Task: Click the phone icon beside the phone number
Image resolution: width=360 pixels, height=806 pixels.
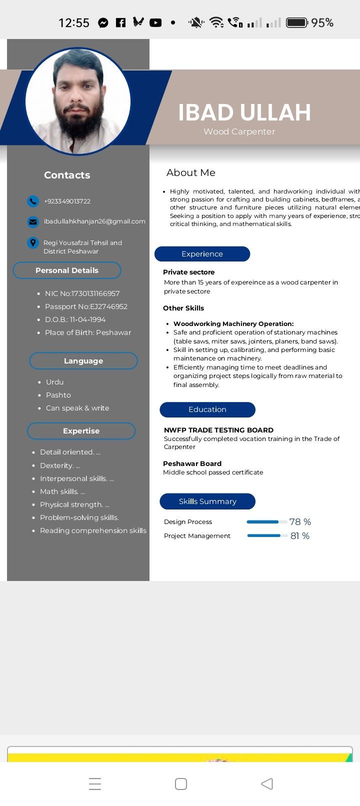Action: [32, 201]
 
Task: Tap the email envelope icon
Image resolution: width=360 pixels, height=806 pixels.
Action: [32, 221]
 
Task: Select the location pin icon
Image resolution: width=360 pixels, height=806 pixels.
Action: [32, 243]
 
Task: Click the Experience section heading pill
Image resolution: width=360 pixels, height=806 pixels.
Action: [202, 254]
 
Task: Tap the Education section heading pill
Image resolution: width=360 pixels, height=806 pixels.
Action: [207, 409]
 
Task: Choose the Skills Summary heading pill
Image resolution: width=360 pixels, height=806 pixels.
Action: [207, 501]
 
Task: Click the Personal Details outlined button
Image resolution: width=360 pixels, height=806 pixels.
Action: [67, 270]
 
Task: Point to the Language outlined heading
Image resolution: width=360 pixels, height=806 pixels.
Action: [83, 361]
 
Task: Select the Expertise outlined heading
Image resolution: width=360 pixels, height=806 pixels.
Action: [81, 431]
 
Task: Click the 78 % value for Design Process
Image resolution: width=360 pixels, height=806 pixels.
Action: [300, 522]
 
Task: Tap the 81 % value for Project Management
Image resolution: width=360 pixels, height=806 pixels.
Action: [300, 536]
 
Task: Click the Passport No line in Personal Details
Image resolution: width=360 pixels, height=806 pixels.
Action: [86, 306]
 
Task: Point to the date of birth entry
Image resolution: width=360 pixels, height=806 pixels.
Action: [75, 319]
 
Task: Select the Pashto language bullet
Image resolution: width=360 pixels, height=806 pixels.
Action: [58, 395]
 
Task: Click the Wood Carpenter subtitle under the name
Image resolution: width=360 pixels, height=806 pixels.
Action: [239, 131]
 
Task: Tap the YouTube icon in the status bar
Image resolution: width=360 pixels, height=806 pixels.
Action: [155, 22]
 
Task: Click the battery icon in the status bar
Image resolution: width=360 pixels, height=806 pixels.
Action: [296, 22]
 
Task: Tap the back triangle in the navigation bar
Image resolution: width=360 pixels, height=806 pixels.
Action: [267, 783]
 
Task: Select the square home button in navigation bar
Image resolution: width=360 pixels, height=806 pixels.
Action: [181, 783]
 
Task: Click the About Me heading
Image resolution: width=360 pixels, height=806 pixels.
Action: [191, 172]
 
